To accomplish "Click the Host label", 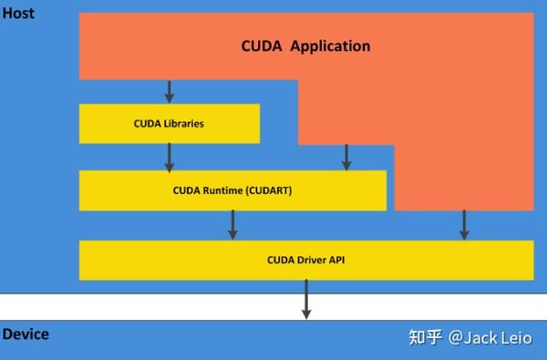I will click(x=18, y=13).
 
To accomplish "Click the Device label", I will click(x=26, y=334).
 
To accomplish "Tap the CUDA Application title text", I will click(x=305, y=46).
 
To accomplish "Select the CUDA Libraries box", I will click(x=170, y=123).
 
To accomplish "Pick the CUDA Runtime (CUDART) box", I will click(x=232, y=190).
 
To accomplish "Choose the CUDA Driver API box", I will click(x=306, y=260).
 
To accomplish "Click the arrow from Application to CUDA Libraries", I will click(x=170, y=91).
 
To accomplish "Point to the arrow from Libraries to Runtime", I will click(x=170, y=157).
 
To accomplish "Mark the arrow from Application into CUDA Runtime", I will click(x=346, y=157).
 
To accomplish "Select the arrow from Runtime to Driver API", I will click(x=232, y=224).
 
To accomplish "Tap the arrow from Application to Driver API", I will click(x=464, y=224).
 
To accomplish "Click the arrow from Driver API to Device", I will click(x=306, y=299).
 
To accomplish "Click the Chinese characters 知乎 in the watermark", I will click(x=425, y=338).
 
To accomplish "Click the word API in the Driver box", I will click(x=336, y=260).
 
